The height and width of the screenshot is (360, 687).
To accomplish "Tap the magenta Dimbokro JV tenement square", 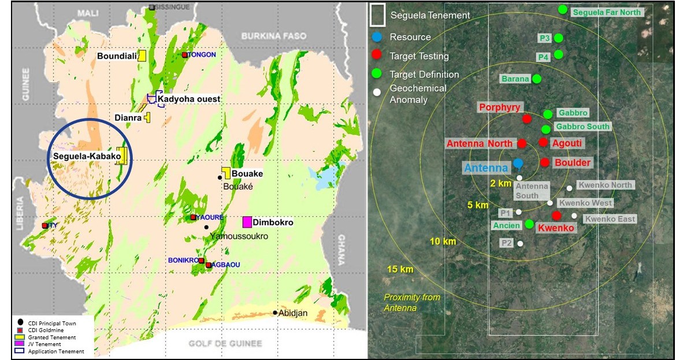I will (x=247, y=222).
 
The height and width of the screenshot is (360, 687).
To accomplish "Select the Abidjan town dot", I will (x=275, y=313).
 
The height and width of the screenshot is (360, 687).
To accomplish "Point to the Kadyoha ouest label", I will (x=188, y=99).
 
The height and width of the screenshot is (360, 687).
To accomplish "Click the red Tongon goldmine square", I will (x=185, y=55).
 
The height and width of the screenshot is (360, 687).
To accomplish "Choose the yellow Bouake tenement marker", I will (x=226, y=173).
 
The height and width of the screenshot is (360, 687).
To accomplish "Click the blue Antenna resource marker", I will (x=518, y=164).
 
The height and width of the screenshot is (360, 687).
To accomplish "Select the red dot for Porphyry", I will (x=526, y=118).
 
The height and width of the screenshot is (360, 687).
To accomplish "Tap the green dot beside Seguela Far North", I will (x=563, y=9).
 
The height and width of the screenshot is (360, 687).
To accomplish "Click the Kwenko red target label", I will (x=556, y=228).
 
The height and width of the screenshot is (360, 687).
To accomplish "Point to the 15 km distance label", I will (x=400, y=269).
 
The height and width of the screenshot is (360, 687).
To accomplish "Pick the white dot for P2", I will (x=520, y=243).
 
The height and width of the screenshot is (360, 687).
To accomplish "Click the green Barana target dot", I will (x=537, y=79).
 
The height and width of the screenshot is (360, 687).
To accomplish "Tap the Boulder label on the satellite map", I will (x=573, y=163).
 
